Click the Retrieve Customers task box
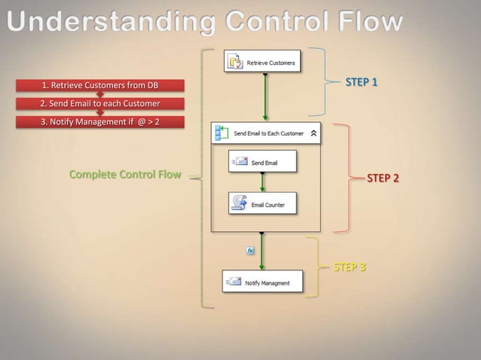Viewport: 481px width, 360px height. point(262,62)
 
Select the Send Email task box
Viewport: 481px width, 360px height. point(262,162)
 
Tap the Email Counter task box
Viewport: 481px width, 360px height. point(262,203)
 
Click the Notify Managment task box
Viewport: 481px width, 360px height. point(262,282)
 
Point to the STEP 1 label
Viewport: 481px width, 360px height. point(361,81)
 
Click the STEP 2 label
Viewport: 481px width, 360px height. point(383,178)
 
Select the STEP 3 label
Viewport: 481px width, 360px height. point(350,267)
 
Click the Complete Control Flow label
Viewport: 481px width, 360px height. point(125,175)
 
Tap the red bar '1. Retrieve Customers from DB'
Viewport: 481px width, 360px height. point(100,84)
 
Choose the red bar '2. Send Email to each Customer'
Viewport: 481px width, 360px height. point(100,103)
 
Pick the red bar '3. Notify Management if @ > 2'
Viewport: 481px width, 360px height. point(100,122)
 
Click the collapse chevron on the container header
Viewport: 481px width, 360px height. point(314,133)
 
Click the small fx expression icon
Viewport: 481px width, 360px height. point(250,250)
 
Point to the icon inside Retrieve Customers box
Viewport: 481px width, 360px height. point(235,62)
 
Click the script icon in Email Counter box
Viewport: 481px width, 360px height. point(239,203)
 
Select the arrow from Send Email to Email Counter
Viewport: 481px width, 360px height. point(262,182)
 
